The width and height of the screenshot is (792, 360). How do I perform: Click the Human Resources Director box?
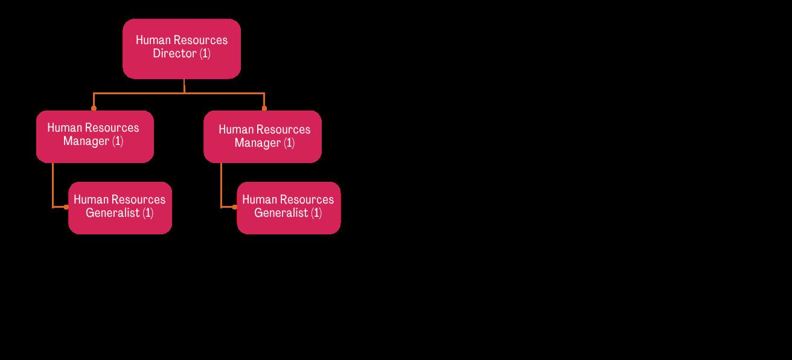coord(182,48)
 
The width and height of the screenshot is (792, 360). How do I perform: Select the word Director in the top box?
coord(174,54)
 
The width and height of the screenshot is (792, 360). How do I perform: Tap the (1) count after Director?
coord(205,54)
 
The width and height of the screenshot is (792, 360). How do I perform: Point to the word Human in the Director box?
coord(153,40)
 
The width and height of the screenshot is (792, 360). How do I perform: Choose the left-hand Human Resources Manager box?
coord(95,137)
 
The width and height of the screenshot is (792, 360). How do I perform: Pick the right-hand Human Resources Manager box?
coord(263,137)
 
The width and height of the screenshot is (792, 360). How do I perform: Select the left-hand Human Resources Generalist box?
coord(120,208)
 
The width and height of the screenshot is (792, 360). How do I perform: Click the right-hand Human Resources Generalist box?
coord(289,208)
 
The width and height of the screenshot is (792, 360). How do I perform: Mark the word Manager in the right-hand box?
coord(258,143)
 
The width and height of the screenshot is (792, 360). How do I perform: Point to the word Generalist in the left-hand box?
coord(113,213)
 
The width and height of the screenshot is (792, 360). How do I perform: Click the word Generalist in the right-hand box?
coord(281,213)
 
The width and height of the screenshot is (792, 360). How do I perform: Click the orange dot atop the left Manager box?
coord(94,108)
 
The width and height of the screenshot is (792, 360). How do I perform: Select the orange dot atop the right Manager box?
coord(264,108)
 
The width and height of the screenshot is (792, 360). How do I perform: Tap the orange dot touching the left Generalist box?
coord(66,207)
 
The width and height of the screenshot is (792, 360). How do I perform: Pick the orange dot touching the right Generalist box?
coord(235,207)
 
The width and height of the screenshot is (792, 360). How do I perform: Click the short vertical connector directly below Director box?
coord(184,86)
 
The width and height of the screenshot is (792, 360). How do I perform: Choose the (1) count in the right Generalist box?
coord(316,213)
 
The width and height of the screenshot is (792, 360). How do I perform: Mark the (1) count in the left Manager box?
coord(118,142)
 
